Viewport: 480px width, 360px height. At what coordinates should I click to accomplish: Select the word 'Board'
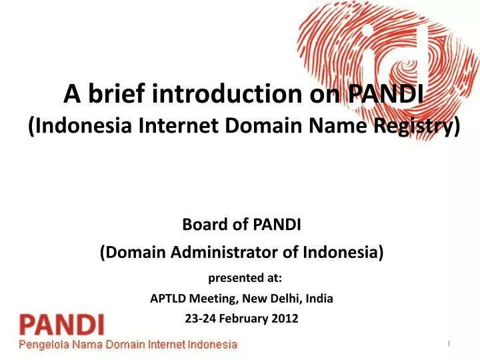click(x=201, y=226)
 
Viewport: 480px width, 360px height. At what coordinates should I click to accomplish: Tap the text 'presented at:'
click(x=240, y=277)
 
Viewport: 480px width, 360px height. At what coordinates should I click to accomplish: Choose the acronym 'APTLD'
click(x=171, y=299)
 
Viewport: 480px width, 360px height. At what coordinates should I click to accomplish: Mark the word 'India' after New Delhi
click(x=319, y=299)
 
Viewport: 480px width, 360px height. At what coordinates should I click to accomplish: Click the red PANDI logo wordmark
click(x=61, y=326)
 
